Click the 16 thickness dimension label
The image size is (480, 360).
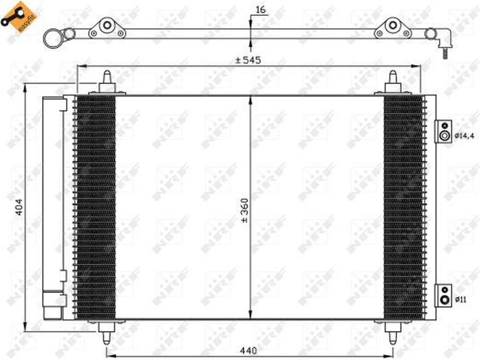261,10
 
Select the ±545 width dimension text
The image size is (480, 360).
248,60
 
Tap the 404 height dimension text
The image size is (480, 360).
19,207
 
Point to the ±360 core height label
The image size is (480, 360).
245,210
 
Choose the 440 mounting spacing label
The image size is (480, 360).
248,351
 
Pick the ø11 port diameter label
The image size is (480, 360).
460,300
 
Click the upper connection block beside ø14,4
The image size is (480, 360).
443,131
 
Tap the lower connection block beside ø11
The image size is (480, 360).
443,295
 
